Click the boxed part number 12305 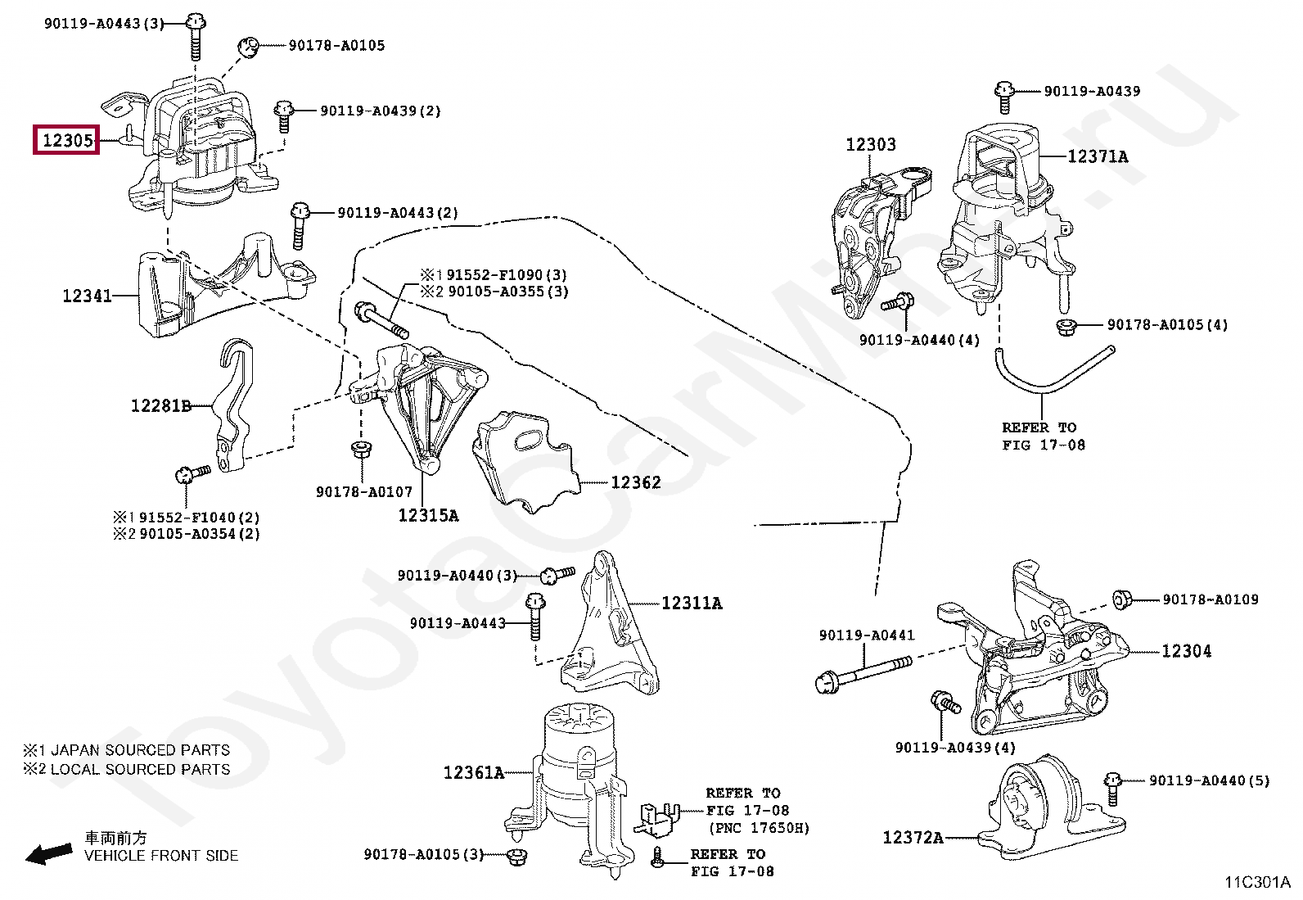tap(66, 141)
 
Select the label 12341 tap(87, 296)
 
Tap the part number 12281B tap(160, 405)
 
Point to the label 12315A tap(428, 515)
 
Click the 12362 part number tap(635, 482)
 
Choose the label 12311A tap(692, 604)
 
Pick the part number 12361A tap(474, 772)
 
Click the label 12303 tap(870, 145)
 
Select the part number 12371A tap(1098, 156)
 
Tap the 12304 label tap(1187, 651)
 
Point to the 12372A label tap(913, 838)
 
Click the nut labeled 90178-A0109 tap(1122, 600)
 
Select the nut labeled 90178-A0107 tap(358, 450)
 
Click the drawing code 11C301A tap(1257, 883)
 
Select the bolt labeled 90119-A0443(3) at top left tap(194, 35)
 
